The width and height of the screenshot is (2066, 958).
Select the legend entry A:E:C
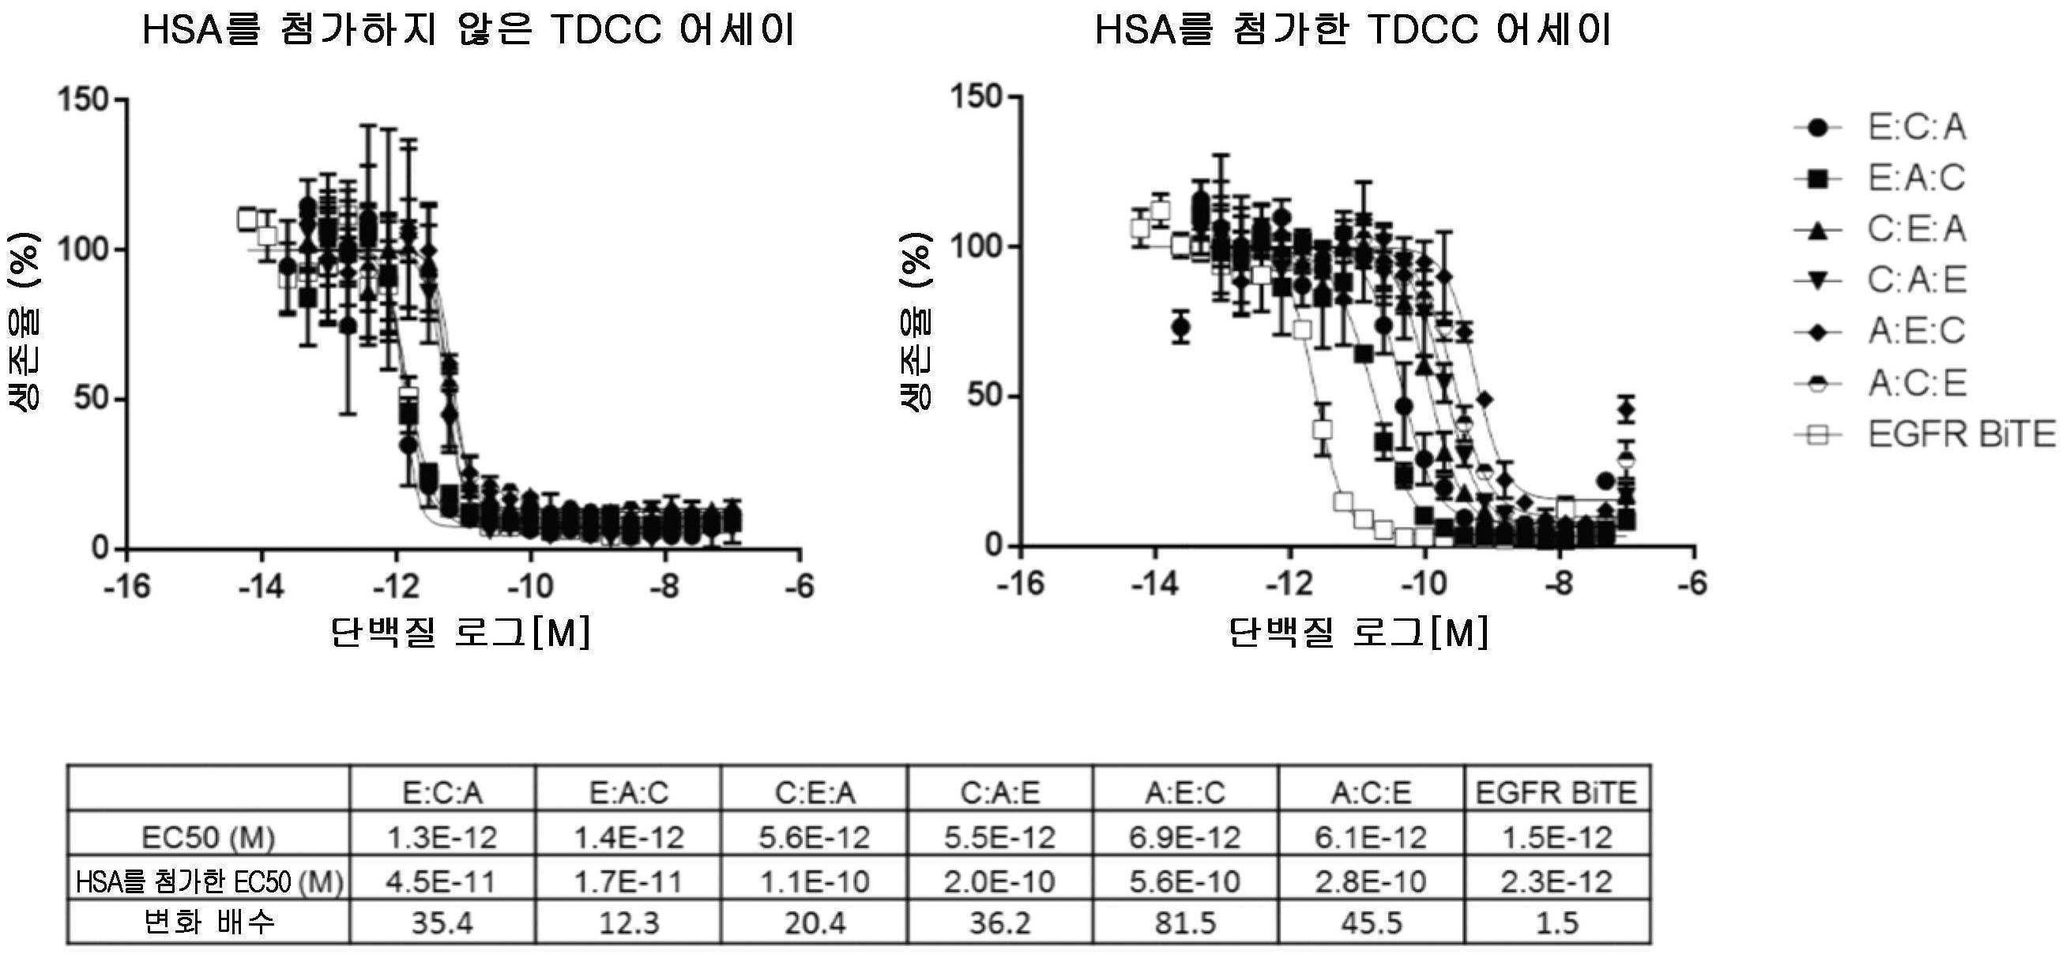pyautogui.click(x=1916, y=331)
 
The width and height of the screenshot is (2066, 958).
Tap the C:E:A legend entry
pyautogui.click(x=1916, y=230)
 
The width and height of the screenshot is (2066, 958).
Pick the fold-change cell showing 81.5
pyautogui.click(x=1185, y=923)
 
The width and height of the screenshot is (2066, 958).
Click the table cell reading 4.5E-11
pyautogui.click(x=442, y=881)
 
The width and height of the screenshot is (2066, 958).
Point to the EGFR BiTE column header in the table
pyautogui.click(x=1556, y=793)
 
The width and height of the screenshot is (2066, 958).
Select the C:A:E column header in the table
pyautogui.click(x=999, y=793)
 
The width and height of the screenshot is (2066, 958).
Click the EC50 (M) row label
pyautogui.click(x=208, y=837)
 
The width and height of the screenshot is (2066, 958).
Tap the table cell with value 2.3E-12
pyautogui.click(x=1556, y=881)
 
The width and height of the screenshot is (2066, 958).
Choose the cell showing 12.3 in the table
pyautogui.click(x=629, y=923)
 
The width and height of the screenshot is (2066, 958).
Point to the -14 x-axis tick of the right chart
pyautogui.click(x=1154, y=584)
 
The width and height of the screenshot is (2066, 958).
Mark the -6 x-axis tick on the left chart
pyautogui.click(x=799, y=587)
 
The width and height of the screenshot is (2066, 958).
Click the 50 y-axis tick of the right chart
pyautogui.click(x=986, y=396)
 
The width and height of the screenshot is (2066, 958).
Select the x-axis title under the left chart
pyautogui.click(x=461, y=633)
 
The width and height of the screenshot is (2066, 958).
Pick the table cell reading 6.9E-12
pyautogui.click(x=1185, y=837)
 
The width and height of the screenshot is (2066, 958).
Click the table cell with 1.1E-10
pyautogui.click(x=814, y=881)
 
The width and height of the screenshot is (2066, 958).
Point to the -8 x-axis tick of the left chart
pyautogui.click(x=664, y=587)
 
